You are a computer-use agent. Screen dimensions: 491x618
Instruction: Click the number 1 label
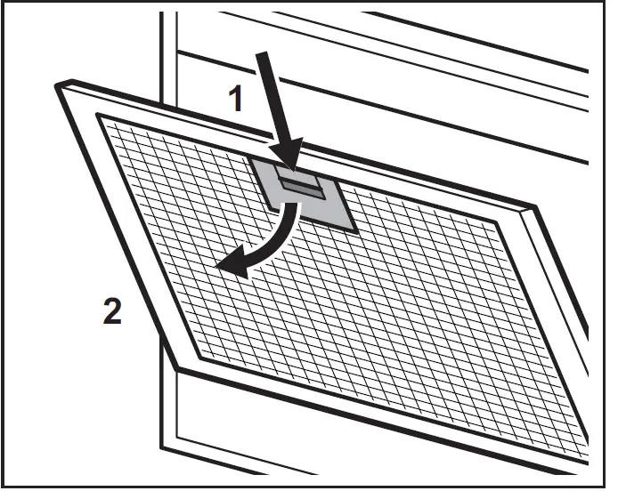click(236, 99)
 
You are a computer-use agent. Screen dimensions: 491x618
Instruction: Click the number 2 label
click(111, 313)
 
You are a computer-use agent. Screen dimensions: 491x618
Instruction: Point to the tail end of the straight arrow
click(261, 53)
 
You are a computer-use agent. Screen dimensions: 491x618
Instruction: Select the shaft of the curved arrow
click(281, 239)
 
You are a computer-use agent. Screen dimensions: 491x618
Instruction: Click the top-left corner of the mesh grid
click(97, 116)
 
